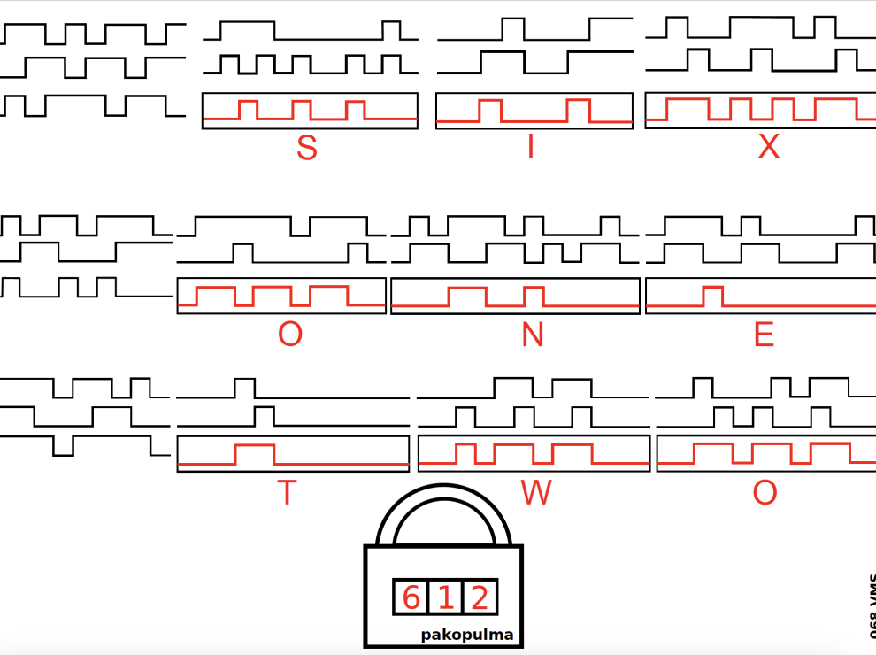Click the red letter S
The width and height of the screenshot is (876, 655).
(306, 148)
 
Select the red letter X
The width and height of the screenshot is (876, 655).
(768, 148)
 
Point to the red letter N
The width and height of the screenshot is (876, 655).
(532, 335)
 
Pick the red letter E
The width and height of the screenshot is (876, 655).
(763, 335)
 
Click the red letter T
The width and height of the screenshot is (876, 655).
(286, 493)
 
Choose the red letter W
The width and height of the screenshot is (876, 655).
(536, 493)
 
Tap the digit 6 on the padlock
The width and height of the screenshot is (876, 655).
(411, 597)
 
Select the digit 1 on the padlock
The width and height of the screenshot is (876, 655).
(445, 597)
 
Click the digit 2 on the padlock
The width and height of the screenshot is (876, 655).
(480, 597)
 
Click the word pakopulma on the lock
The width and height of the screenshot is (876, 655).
(466, 635)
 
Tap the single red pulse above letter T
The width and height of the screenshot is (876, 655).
(255, 454)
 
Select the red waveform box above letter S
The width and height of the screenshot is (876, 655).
(310, 111)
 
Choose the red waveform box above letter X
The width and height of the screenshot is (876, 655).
(761, 111)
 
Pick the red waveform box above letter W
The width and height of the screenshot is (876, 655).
(534, 454)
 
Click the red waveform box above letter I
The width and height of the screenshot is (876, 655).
(534, 111)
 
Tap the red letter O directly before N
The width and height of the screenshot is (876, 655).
(289, 335)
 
